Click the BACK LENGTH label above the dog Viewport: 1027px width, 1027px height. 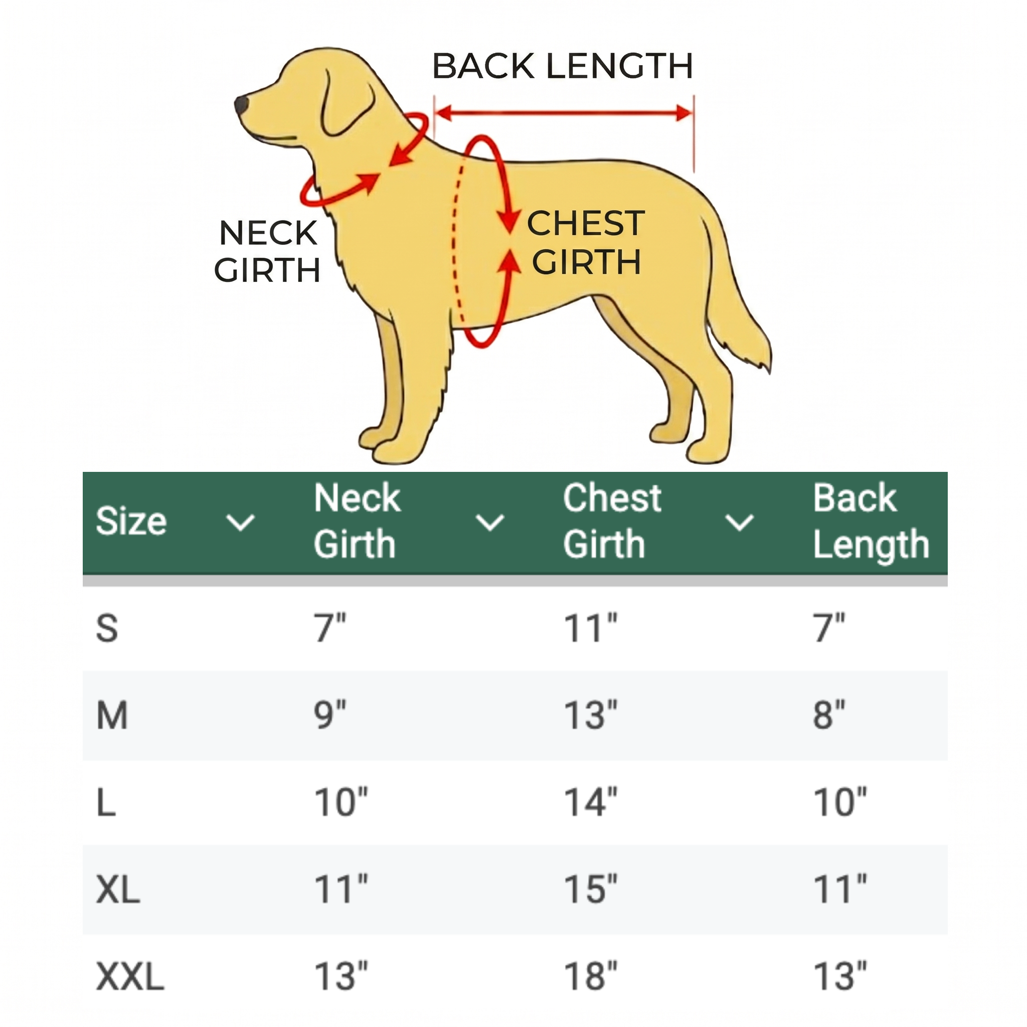click(563, 67)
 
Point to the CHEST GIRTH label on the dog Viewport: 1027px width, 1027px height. click(586, 242)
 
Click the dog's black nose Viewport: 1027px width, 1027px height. click(240, 104)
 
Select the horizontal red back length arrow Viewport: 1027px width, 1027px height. click(564, 113)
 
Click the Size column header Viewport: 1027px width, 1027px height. click(131, 521)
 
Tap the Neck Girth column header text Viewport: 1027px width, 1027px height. click(356, 521)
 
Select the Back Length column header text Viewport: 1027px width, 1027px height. click(871, 521)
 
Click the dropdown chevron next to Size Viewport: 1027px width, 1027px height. click(241, 523)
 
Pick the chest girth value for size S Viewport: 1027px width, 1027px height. click(591, 628)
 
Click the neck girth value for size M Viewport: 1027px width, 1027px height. click(329, 715)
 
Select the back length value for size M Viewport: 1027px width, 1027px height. click(829, 715)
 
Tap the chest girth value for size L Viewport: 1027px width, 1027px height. click(591, 802)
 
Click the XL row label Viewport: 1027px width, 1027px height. click(118, 889)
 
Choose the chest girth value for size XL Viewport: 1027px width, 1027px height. click(591, 889)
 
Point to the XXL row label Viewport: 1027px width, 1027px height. click(130, 976)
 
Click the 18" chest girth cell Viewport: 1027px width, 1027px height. click(591, 976)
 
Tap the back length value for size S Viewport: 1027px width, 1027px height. click(829, 628)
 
